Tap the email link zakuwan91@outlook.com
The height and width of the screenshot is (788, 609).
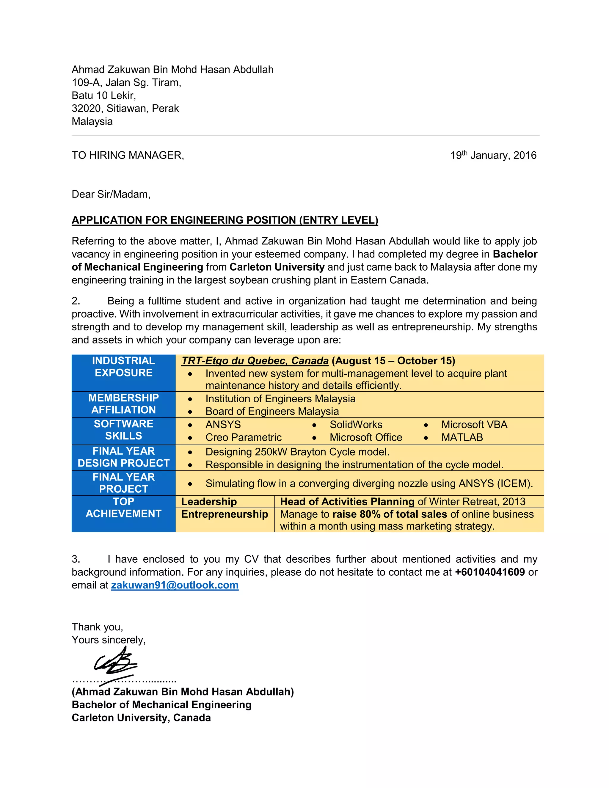pyautogui.click(x=175, y=585)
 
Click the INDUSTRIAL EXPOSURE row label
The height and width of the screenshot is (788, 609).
pyautogui.click(x=123, y=367)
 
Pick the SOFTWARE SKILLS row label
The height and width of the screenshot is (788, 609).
pyautogui.click(x=123, y=430)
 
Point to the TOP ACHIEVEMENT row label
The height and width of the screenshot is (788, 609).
pyautogui.click(x=123, y=508)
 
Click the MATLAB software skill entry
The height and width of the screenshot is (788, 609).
pyautogui.click(x=462, y=437)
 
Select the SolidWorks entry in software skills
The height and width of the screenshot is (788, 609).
pyautogui.click(x=356, y=425)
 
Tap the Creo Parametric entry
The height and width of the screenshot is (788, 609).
pyautogui.click(x=243, y=437)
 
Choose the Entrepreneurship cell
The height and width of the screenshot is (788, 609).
pyautogui.click(x=225, y=514)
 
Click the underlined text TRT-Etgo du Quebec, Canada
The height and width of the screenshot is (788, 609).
pyautogui.click(x=255, y=361)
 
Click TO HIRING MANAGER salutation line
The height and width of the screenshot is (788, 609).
pyautogui.click(x=128, y=156)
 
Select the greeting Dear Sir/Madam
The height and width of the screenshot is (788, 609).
pyautogui.click(x=111, y=194)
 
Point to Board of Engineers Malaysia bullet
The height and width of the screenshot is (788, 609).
pyautogui.click(x=272, y=411)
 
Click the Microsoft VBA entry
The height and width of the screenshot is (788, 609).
pyautogui.click(x=474, y=425)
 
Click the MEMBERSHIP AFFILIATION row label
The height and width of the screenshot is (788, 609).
pyautogui.click(x=123, y=404)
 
